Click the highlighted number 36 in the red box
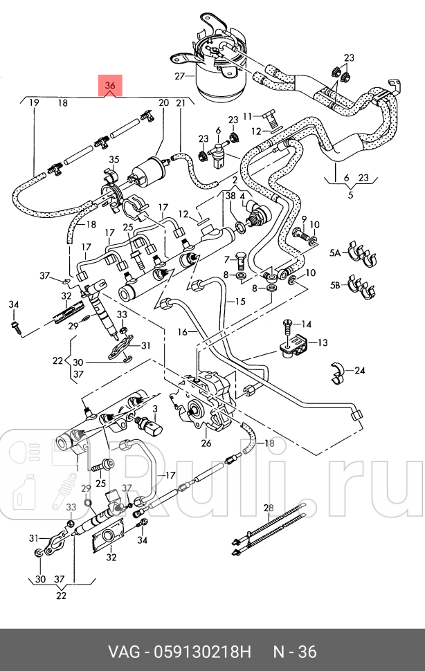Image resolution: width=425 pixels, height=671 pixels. pos(110,85)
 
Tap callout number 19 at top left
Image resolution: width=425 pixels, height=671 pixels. pos(33,103)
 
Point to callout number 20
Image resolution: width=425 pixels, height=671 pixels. pos(164,103)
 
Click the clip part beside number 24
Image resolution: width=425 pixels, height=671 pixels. pos(338,371)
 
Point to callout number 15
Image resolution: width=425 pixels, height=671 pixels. pos(239,302)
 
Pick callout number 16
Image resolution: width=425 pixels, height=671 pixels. pos(182,332)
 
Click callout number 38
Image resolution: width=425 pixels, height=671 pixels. pos(229,196)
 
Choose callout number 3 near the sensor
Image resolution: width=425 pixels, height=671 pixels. pos(155,410)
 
